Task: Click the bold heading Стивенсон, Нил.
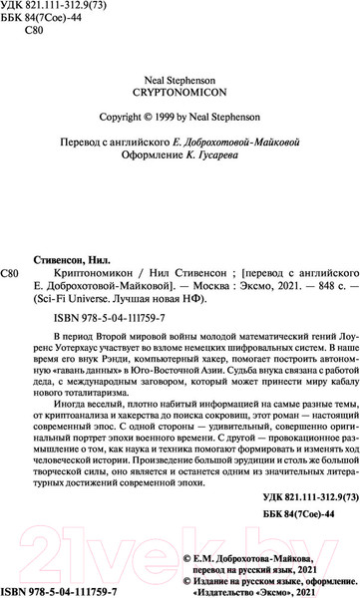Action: [x=77, y=257]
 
